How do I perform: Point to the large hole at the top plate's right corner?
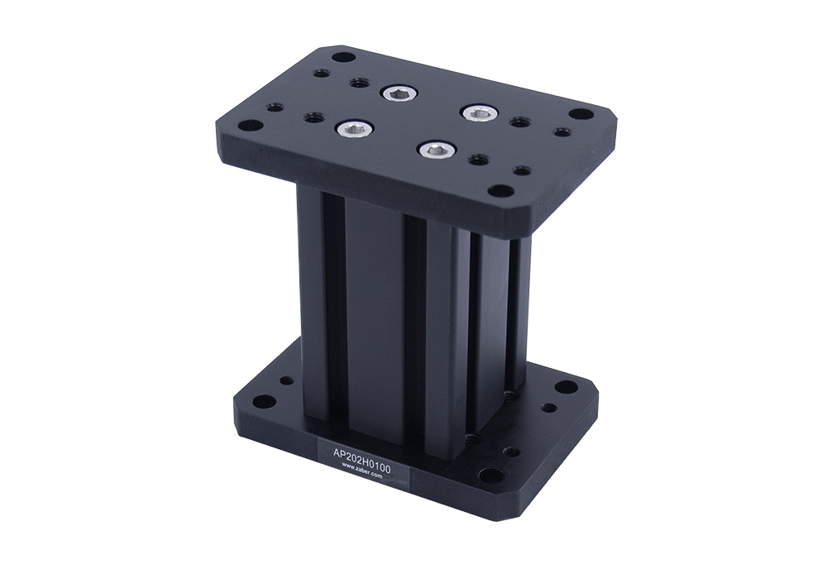(581, 113)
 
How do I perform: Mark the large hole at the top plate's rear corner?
(342, 56)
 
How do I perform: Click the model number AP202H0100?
(362, 453)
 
